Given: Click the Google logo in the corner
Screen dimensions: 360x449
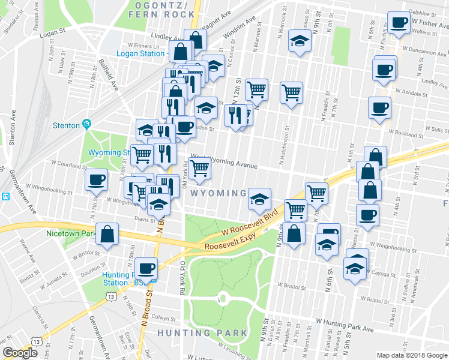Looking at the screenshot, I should click(20, 353).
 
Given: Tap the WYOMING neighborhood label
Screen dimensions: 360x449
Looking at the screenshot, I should click(218, 193).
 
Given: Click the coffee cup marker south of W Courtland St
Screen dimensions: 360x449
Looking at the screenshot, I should click(96, 179).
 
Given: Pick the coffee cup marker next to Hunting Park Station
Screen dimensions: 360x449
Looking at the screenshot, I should click(145, 268).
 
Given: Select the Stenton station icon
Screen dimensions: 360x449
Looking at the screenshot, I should click(86, 125).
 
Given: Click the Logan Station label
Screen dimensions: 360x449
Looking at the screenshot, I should click(143, 53).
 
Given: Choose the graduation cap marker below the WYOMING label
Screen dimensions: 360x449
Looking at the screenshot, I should click(259, 200).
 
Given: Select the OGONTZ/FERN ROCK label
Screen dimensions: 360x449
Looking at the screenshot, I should click(161, 9).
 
